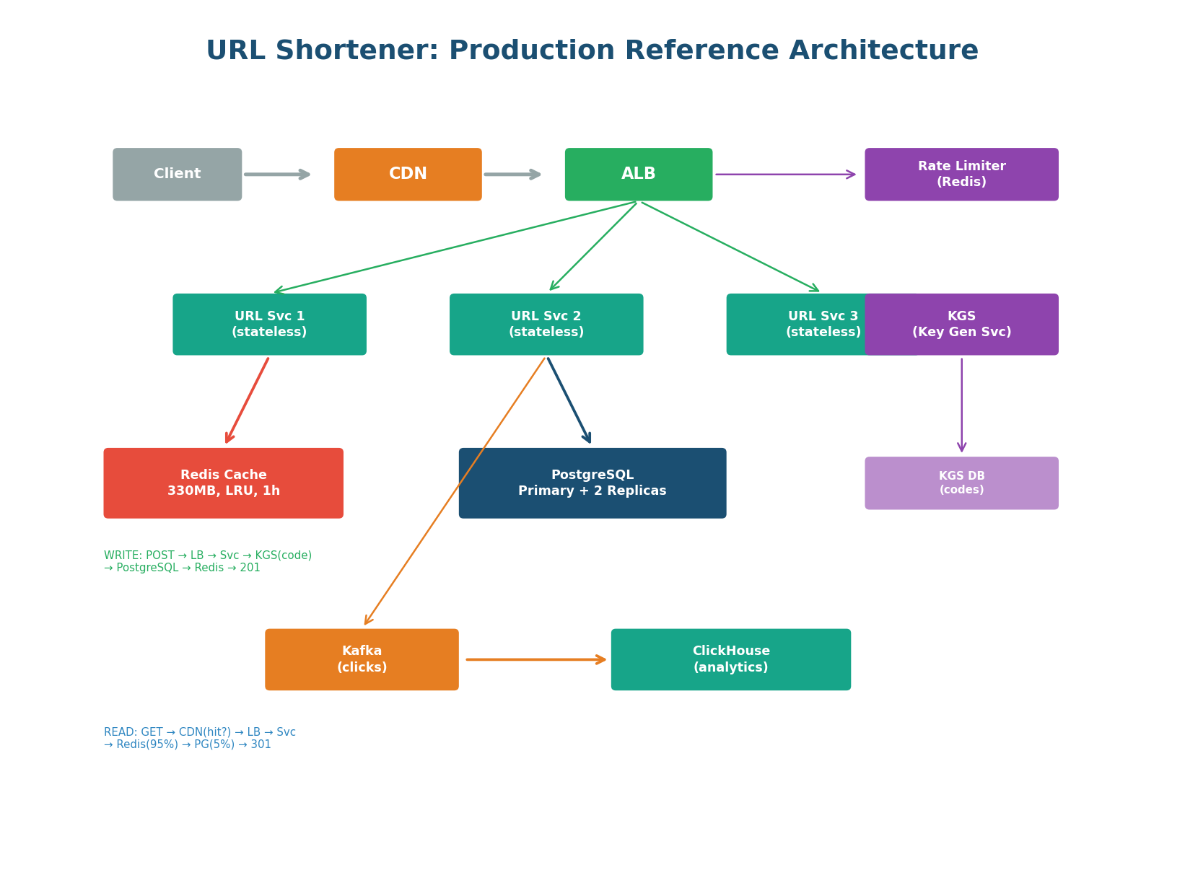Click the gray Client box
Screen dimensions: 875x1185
[x=177, y=175]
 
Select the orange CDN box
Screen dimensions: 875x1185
[x=408, y=175]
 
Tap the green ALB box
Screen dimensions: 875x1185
[x=638, y=175]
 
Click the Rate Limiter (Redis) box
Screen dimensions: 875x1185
[x=961, y=175]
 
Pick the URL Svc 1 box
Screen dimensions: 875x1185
[x=269, y=325]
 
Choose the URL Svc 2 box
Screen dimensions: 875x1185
[x=546, y=325]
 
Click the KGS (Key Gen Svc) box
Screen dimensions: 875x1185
[x=961, y=325]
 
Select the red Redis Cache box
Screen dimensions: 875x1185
[x=223, y=483]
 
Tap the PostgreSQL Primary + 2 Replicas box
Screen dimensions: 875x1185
[x=592, y=483]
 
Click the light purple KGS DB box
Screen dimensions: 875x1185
[x=961, y=483]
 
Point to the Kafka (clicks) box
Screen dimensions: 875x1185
[x=362, y=659]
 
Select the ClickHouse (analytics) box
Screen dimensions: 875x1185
[x=730, y=659]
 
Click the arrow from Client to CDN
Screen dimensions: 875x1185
[x=276, y=175]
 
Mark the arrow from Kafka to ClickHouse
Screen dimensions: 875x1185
[x=535, y=659]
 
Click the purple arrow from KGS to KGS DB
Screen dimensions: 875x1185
[x=961, y=404]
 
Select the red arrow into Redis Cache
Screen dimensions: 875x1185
[x=248, y=400]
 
